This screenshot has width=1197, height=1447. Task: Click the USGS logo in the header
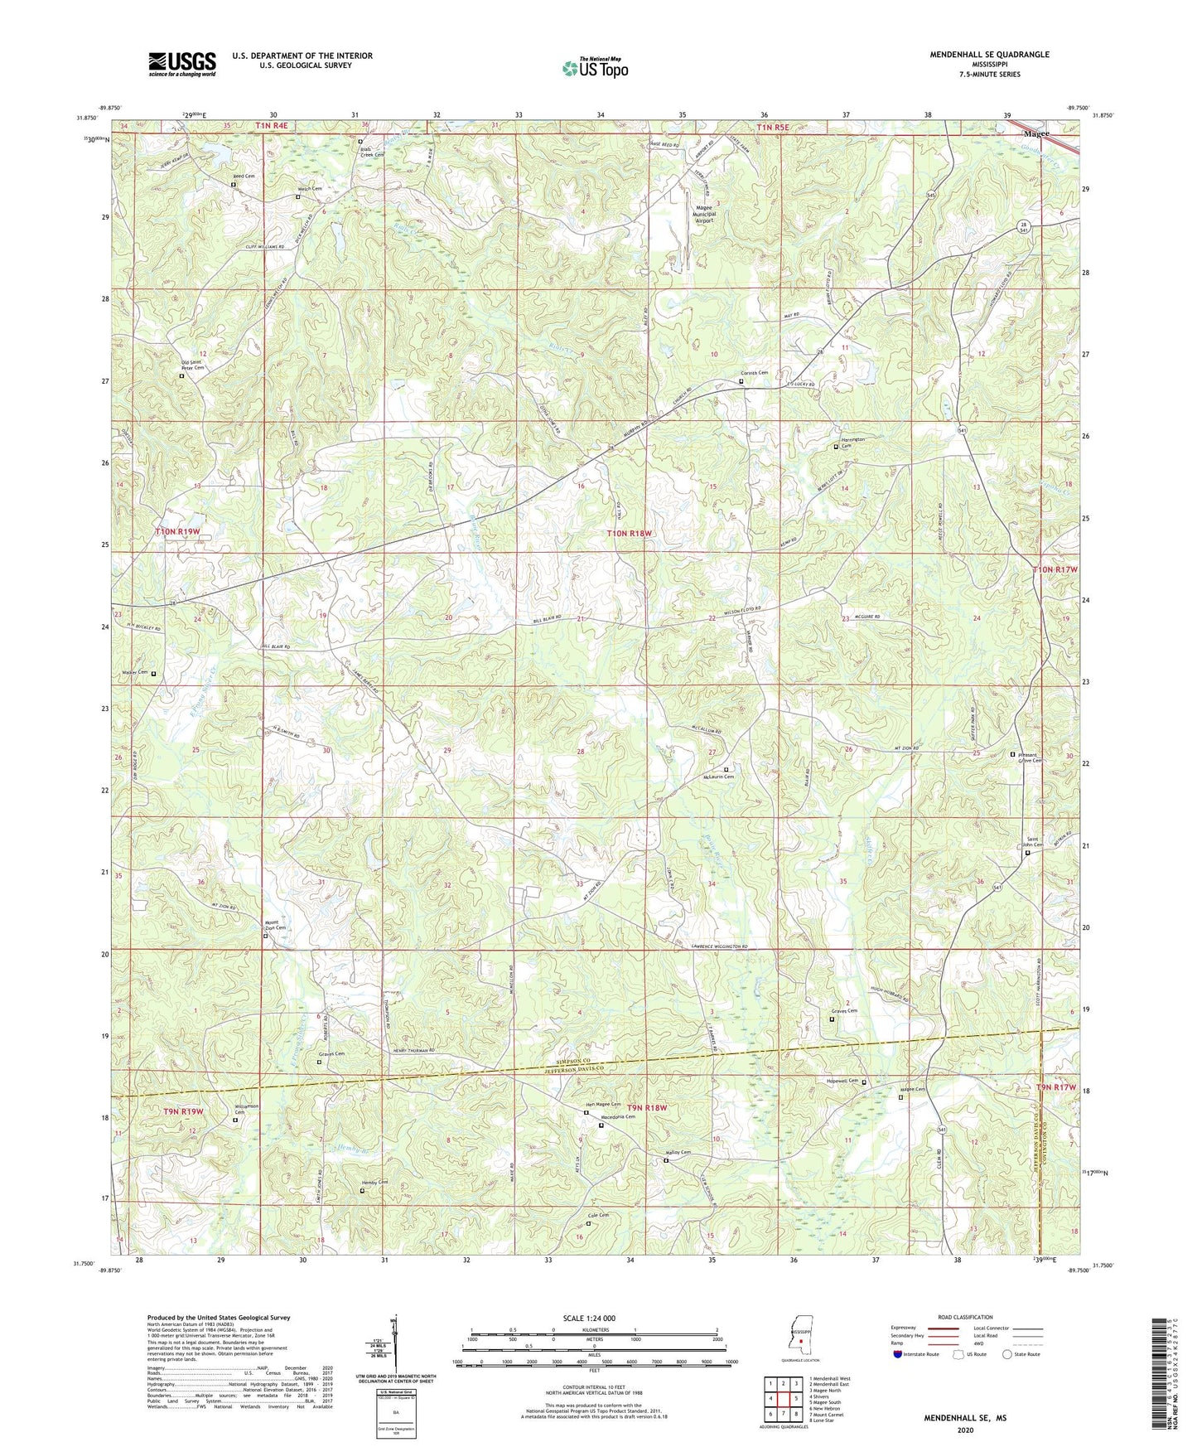pos(182,64)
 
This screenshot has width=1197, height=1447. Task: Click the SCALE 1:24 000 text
pos(586,1318)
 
